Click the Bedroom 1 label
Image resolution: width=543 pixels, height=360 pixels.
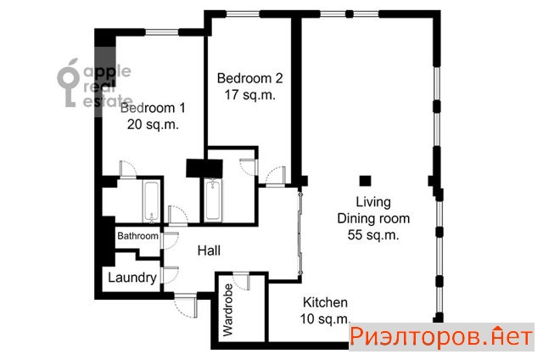pyautogui.click(x=153, y=108)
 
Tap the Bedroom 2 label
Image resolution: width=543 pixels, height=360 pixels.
pyautogui.click(x=249, y=78)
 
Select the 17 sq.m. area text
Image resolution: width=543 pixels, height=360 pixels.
pyautogui.click(x=249, y=94)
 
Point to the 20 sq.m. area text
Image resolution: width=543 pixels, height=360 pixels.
pyautogui.click(x=153, y=125)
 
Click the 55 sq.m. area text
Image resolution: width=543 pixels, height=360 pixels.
pyautogui.click(x=373, y=235)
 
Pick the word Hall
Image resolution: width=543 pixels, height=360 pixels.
pyautogui.click(x=209, y=250)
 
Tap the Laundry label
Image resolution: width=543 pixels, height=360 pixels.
pyautogui.click(x=132, y=278)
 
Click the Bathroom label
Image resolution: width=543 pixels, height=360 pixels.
pyautogui.click(x=137, y=236)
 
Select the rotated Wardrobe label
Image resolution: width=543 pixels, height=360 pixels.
pyautogui.click(x=228, y=310)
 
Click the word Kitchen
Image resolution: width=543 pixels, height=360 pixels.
pyautogui.click(x=325, y=302)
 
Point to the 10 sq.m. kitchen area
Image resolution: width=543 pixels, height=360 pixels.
pyautogui.click(x=325, y=318)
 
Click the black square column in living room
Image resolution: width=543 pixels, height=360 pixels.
pyautogui.click(x=365, y=181)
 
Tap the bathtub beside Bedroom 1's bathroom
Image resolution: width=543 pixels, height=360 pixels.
pyautogui.click(x=151, y=201)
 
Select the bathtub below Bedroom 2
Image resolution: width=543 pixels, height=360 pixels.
pyautogui.click(x=212, y=200)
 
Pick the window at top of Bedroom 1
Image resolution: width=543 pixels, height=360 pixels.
pyautogui.click(x=162, y=32)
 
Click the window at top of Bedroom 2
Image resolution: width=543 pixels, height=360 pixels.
pyautogui.click(x=243, y=14)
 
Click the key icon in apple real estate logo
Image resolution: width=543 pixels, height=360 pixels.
pyautogui.click(x=68, y=82)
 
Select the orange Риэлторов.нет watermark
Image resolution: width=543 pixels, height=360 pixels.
pyautogui.click(x=441, y=336)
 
